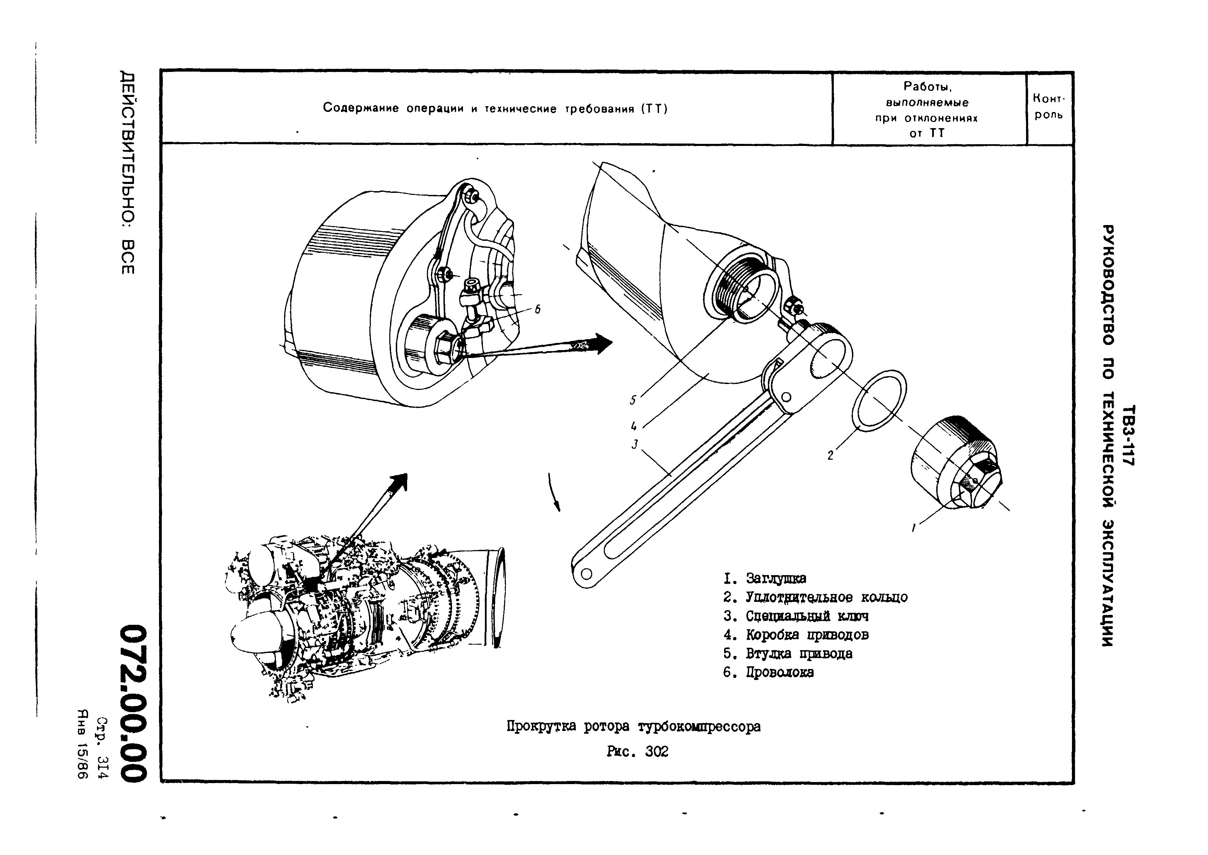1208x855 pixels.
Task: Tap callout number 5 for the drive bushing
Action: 633,400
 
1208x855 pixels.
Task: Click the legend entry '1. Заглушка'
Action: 765,579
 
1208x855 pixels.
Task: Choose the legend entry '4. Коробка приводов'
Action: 796,635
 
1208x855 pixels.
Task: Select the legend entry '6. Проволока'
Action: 768,672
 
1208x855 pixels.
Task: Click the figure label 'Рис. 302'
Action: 637,752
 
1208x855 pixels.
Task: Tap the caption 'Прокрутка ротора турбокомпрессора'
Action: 634,727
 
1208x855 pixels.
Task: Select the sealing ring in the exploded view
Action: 879,400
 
